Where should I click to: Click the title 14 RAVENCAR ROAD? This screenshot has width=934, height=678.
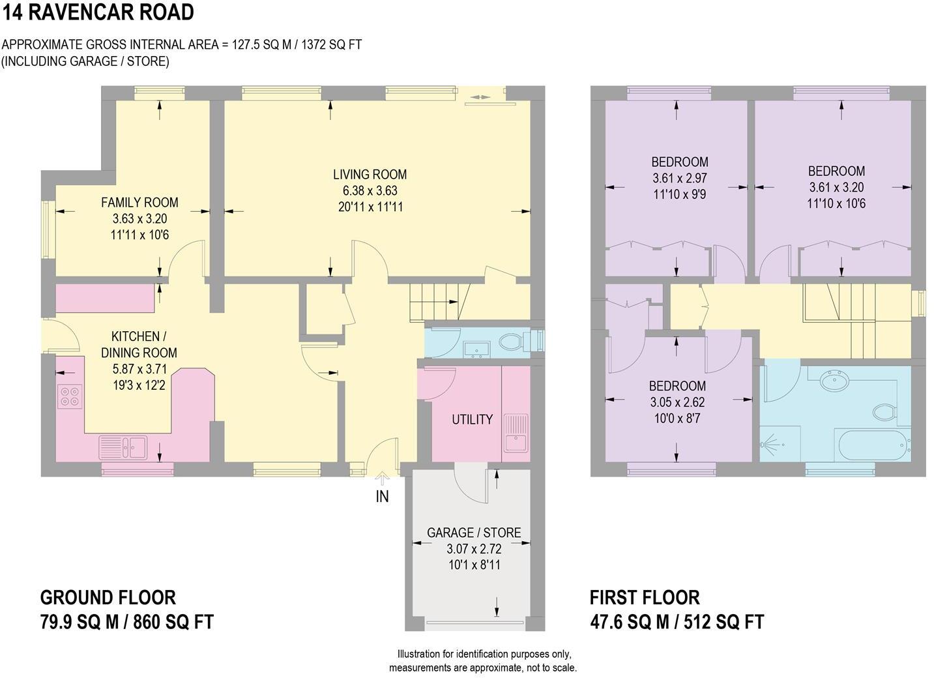click(x=98, y=12)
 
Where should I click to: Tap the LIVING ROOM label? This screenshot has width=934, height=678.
click(x=370, y=175)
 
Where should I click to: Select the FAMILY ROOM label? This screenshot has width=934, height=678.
click(x=139, y=203)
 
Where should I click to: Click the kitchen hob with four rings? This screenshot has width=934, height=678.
click(x=70, y=396)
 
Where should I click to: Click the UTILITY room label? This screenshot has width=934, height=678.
click(x=472, y=419)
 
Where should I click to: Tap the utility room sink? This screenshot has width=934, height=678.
click(x=516, y=432)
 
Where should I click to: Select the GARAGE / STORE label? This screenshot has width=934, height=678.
click(x=474, y=533)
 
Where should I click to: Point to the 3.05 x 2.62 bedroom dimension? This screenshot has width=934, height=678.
click(x=677, y=402)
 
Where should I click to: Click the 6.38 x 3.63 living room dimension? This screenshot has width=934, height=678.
click(x=370, y=191)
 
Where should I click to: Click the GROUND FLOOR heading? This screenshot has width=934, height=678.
click(x=108, y=597)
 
